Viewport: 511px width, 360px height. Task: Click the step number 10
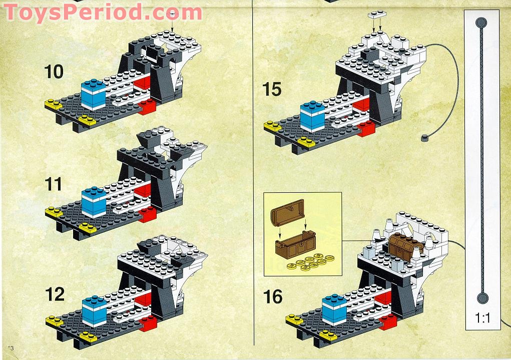click(54, 72)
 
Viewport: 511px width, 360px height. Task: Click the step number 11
click(53, 184)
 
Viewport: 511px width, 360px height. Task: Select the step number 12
click(55, 294)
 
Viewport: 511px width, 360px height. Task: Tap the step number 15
click(272, 90)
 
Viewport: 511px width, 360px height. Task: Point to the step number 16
click(273, 297)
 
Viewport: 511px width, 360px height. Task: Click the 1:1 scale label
click(482, 317)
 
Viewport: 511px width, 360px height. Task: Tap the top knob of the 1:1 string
click(481, 23)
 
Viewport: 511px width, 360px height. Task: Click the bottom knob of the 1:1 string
click(482, 299)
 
